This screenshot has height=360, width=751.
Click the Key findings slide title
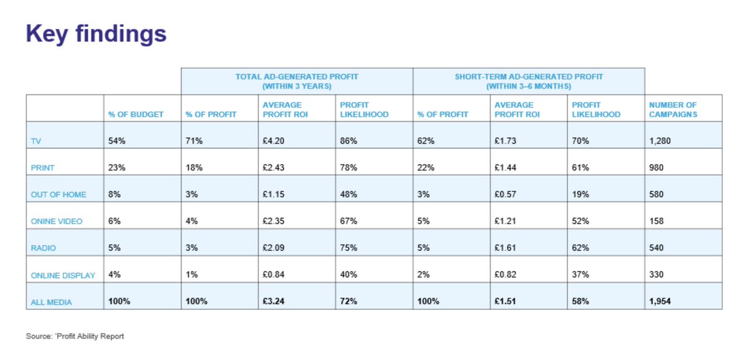[96, 34]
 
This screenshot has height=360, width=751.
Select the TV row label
[36, 141]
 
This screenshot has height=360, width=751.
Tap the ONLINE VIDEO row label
[56, 221]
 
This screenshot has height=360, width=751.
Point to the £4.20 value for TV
[274, 141]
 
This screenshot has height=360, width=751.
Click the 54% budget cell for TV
[117, 141]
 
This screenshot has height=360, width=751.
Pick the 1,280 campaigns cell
[660, 141]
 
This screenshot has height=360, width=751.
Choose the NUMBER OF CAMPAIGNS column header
[673, 110]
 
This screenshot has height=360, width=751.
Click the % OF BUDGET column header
[136, 115]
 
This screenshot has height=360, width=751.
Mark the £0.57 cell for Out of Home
[506, 195]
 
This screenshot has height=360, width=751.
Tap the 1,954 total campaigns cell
[660, 302]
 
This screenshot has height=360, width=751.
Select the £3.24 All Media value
[274, 302]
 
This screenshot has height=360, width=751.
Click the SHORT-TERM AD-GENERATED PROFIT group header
[529, 81]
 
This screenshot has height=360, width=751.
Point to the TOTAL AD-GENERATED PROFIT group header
[297, 81]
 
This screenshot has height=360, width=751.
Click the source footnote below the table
[75, 336]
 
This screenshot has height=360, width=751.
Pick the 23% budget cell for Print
[117, 168]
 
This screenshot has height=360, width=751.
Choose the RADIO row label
[43, 248]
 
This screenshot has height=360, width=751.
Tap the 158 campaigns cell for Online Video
[657, 221]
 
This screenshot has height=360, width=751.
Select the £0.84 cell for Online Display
[274, 275]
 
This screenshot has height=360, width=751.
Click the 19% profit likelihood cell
[580, 195]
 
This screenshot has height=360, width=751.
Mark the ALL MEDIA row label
[51, 302]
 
